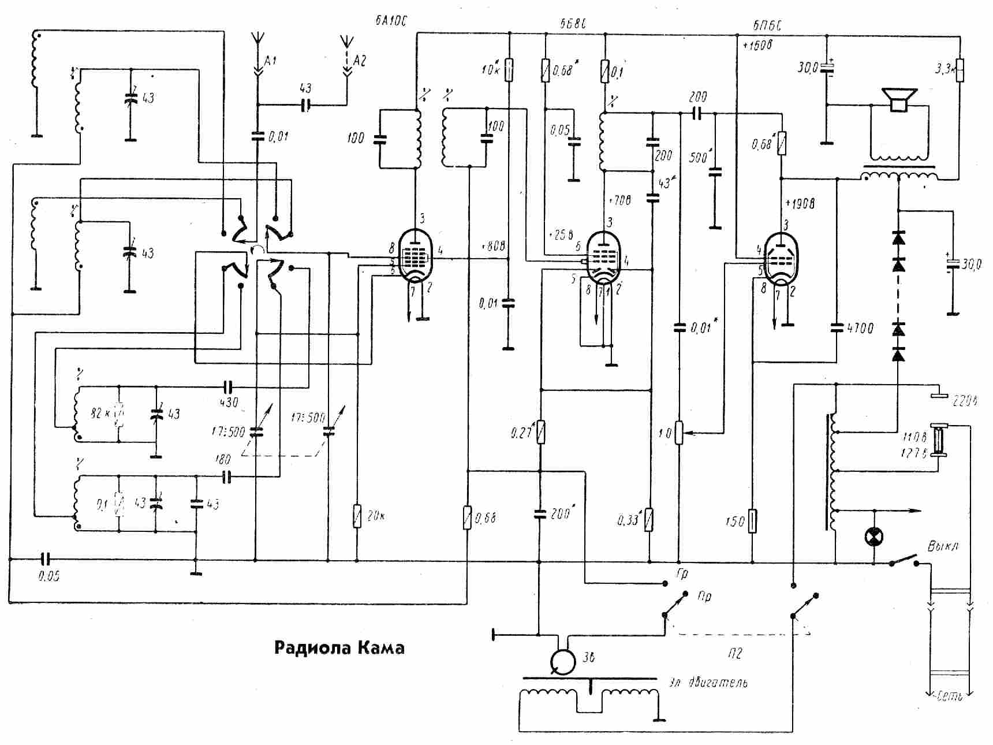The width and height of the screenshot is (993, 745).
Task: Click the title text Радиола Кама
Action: click(339, 647)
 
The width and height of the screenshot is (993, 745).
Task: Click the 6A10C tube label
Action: click(391, 22)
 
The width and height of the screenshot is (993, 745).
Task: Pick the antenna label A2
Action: click(360, 60)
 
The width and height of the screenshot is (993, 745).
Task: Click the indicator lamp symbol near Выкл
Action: click(874, 537)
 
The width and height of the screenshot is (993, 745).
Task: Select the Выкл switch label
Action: click(942, 546)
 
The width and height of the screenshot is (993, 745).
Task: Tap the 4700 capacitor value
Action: click(860, 328)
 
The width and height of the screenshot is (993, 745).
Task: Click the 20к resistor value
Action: click(375, 516)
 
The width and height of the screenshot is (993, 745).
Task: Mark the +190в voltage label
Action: click(800, 203)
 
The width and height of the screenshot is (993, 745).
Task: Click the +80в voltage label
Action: click(492, 247)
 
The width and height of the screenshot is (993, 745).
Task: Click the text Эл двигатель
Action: click(708, 683)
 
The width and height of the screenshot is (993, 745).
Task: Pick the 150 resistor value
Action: click(735, 521)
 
